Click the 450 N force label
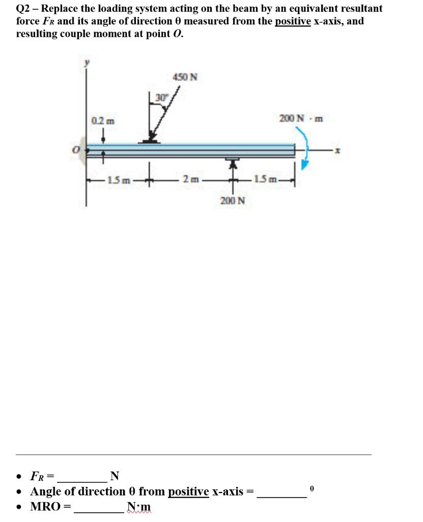tap(185, 77)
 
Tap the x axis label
tap(337, 151)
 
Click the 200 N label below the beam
tap(233, 200)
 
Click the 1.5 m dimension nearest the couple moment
tap(266, 179)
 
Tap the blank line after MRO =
tap(100, 508)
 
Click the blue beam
tap(191, 149)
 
